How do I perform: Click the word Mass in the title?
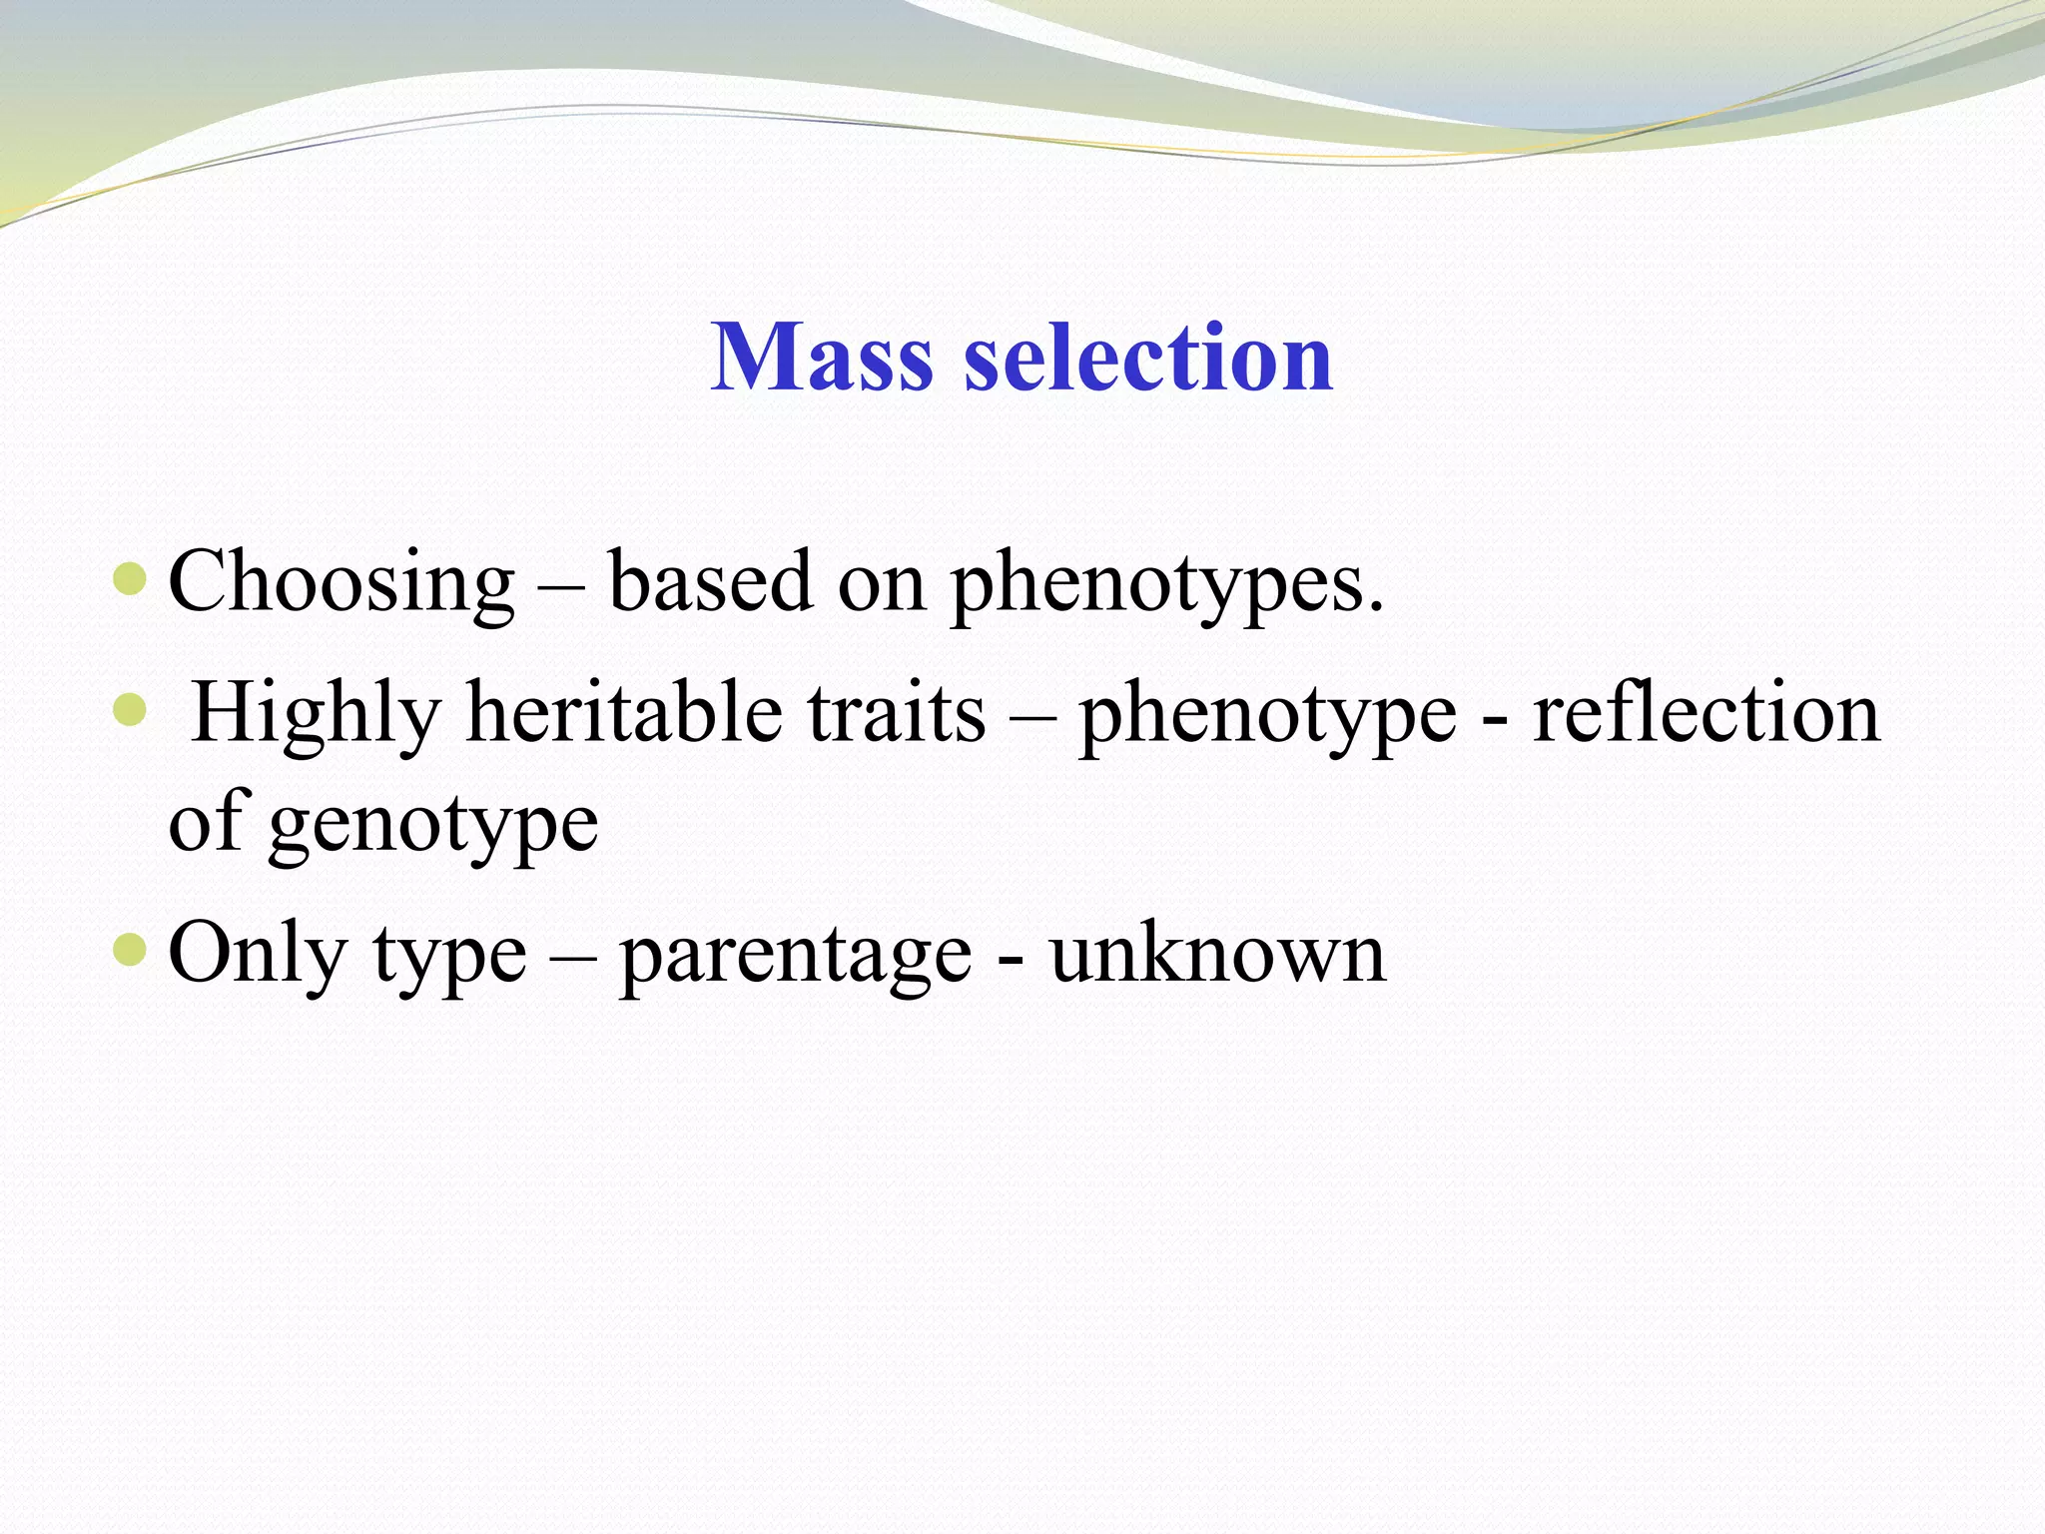pyautogui.click(x=821, y=358)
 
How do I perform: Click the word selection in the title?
pyautogui.click(x=1147, y=358)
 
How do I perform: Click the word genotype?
pyautogui.click(x=433, y=825)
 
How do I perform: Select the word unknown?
pyautogui.click(x=1217, y=955)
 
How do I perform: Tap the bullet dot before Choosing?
pyautogui.click(x=130, y=578)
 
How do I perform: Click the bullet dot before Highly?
pyautogui.click(x=130, y=710)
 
